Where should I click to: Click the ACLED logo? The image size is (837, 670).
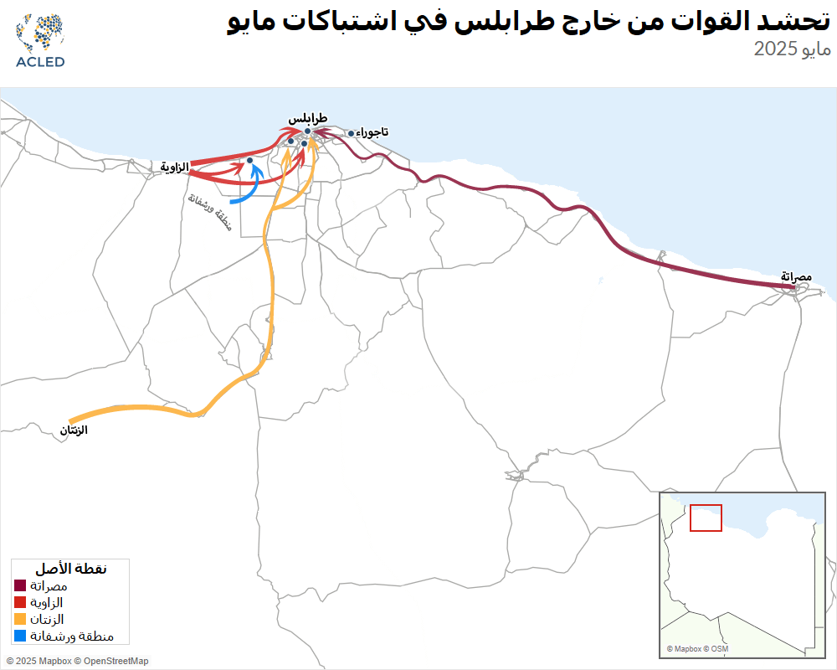[x=39, y=40]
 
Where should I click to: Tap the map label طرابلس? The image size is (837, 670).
[x=307, y=119]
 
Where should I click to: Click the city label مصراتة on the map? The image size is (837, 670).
[x=796, y=276]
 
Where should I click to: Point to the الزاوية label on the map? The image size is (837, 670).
[x=175, y=167]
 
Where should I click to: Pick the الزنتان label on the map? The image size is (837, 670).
[x=74, y=430]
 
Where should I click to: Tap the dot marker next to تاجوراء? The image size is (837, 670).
[x=351, y=132]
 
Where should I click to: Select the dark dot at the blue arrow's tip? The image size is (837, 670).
[x=249, y=160]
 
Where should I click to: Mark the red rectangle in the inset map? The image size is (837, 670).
[x=706, y=517]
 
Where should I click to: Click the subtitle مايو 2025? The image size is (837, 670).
[x=792, y=49]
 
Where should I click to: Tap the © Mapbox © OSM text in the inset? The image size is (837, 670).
[x=697, y=649]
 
